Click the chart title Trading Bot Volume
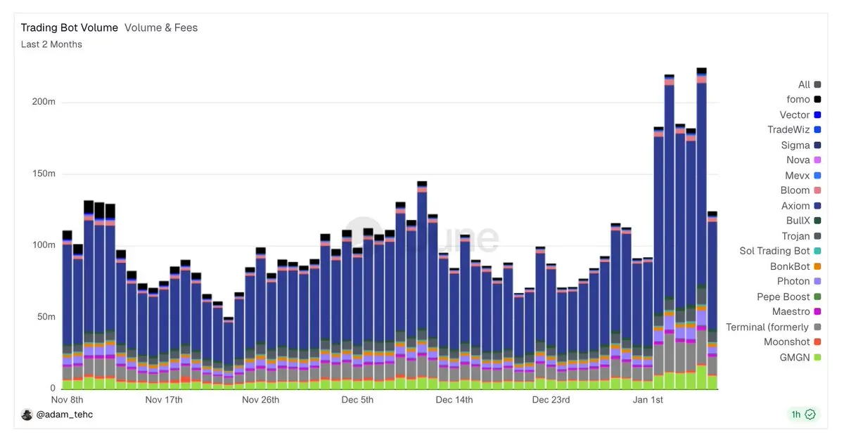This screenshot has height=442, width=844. [69, 28]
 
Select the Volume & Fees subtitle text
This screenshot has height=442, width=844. [161, 28]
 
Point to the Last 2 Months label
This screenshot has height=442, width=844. [51, 44]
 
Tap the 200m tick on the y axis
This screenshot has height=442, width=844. [44, 102]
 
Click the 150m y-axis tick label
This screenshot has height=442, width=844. [44, 174]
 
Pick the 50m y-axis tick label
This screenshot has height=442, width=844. [46, 317]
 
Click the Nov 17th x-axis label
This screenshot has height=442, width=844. [164, 401]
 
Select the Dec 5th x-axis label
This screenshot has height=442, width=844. [357, 401]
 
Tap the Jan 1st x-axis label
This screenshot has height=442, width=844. [648, 401]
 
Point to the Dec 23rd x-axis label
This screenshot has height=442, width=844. [551, 401]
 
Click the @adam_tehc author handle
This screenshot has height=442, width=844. [65, 415]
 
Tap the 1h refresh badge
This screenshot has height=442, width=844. [803, 415]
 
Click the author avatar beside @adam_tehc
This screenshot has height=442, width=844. [27, 415]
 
